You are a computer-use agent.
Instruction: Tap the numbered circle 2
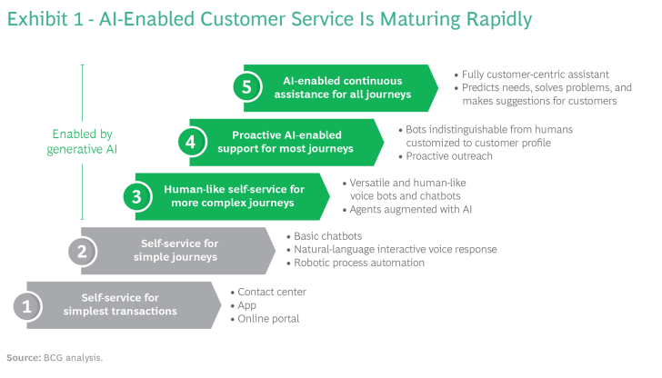point(82,250)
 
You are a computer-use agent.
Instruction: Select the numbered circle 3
point(136,196)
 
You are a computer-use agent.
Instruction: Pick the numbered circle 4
point(190,142)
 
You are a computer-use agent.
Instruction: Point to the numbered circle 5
point(245,87)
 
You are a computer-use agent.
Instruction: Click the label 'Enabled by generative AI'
point(82,142)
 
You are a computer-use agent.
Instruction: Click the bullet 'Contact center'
point(271,292)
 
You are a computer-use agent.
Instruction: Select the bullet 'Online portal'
point(268,319)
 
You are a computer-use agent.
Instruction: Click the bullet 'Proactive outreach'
point(445,155)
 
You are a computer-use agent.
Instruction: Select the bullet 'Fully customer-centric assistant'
point(537,73)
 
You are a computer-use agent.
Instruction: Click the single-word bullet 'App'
point(247,305)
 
